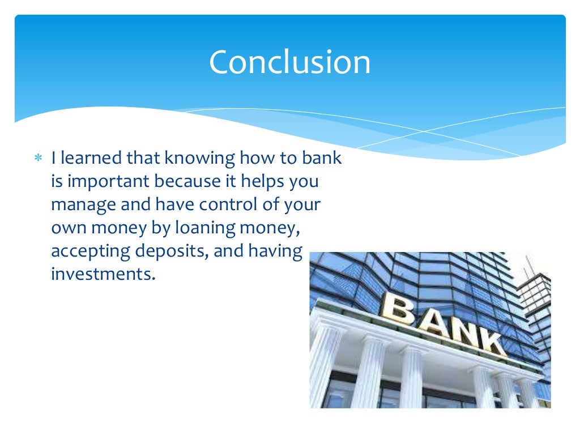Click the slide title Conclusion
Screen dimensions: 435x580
289,62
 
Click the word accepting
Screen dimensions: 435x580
86,251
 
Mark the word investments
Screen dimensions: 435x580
102,275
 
